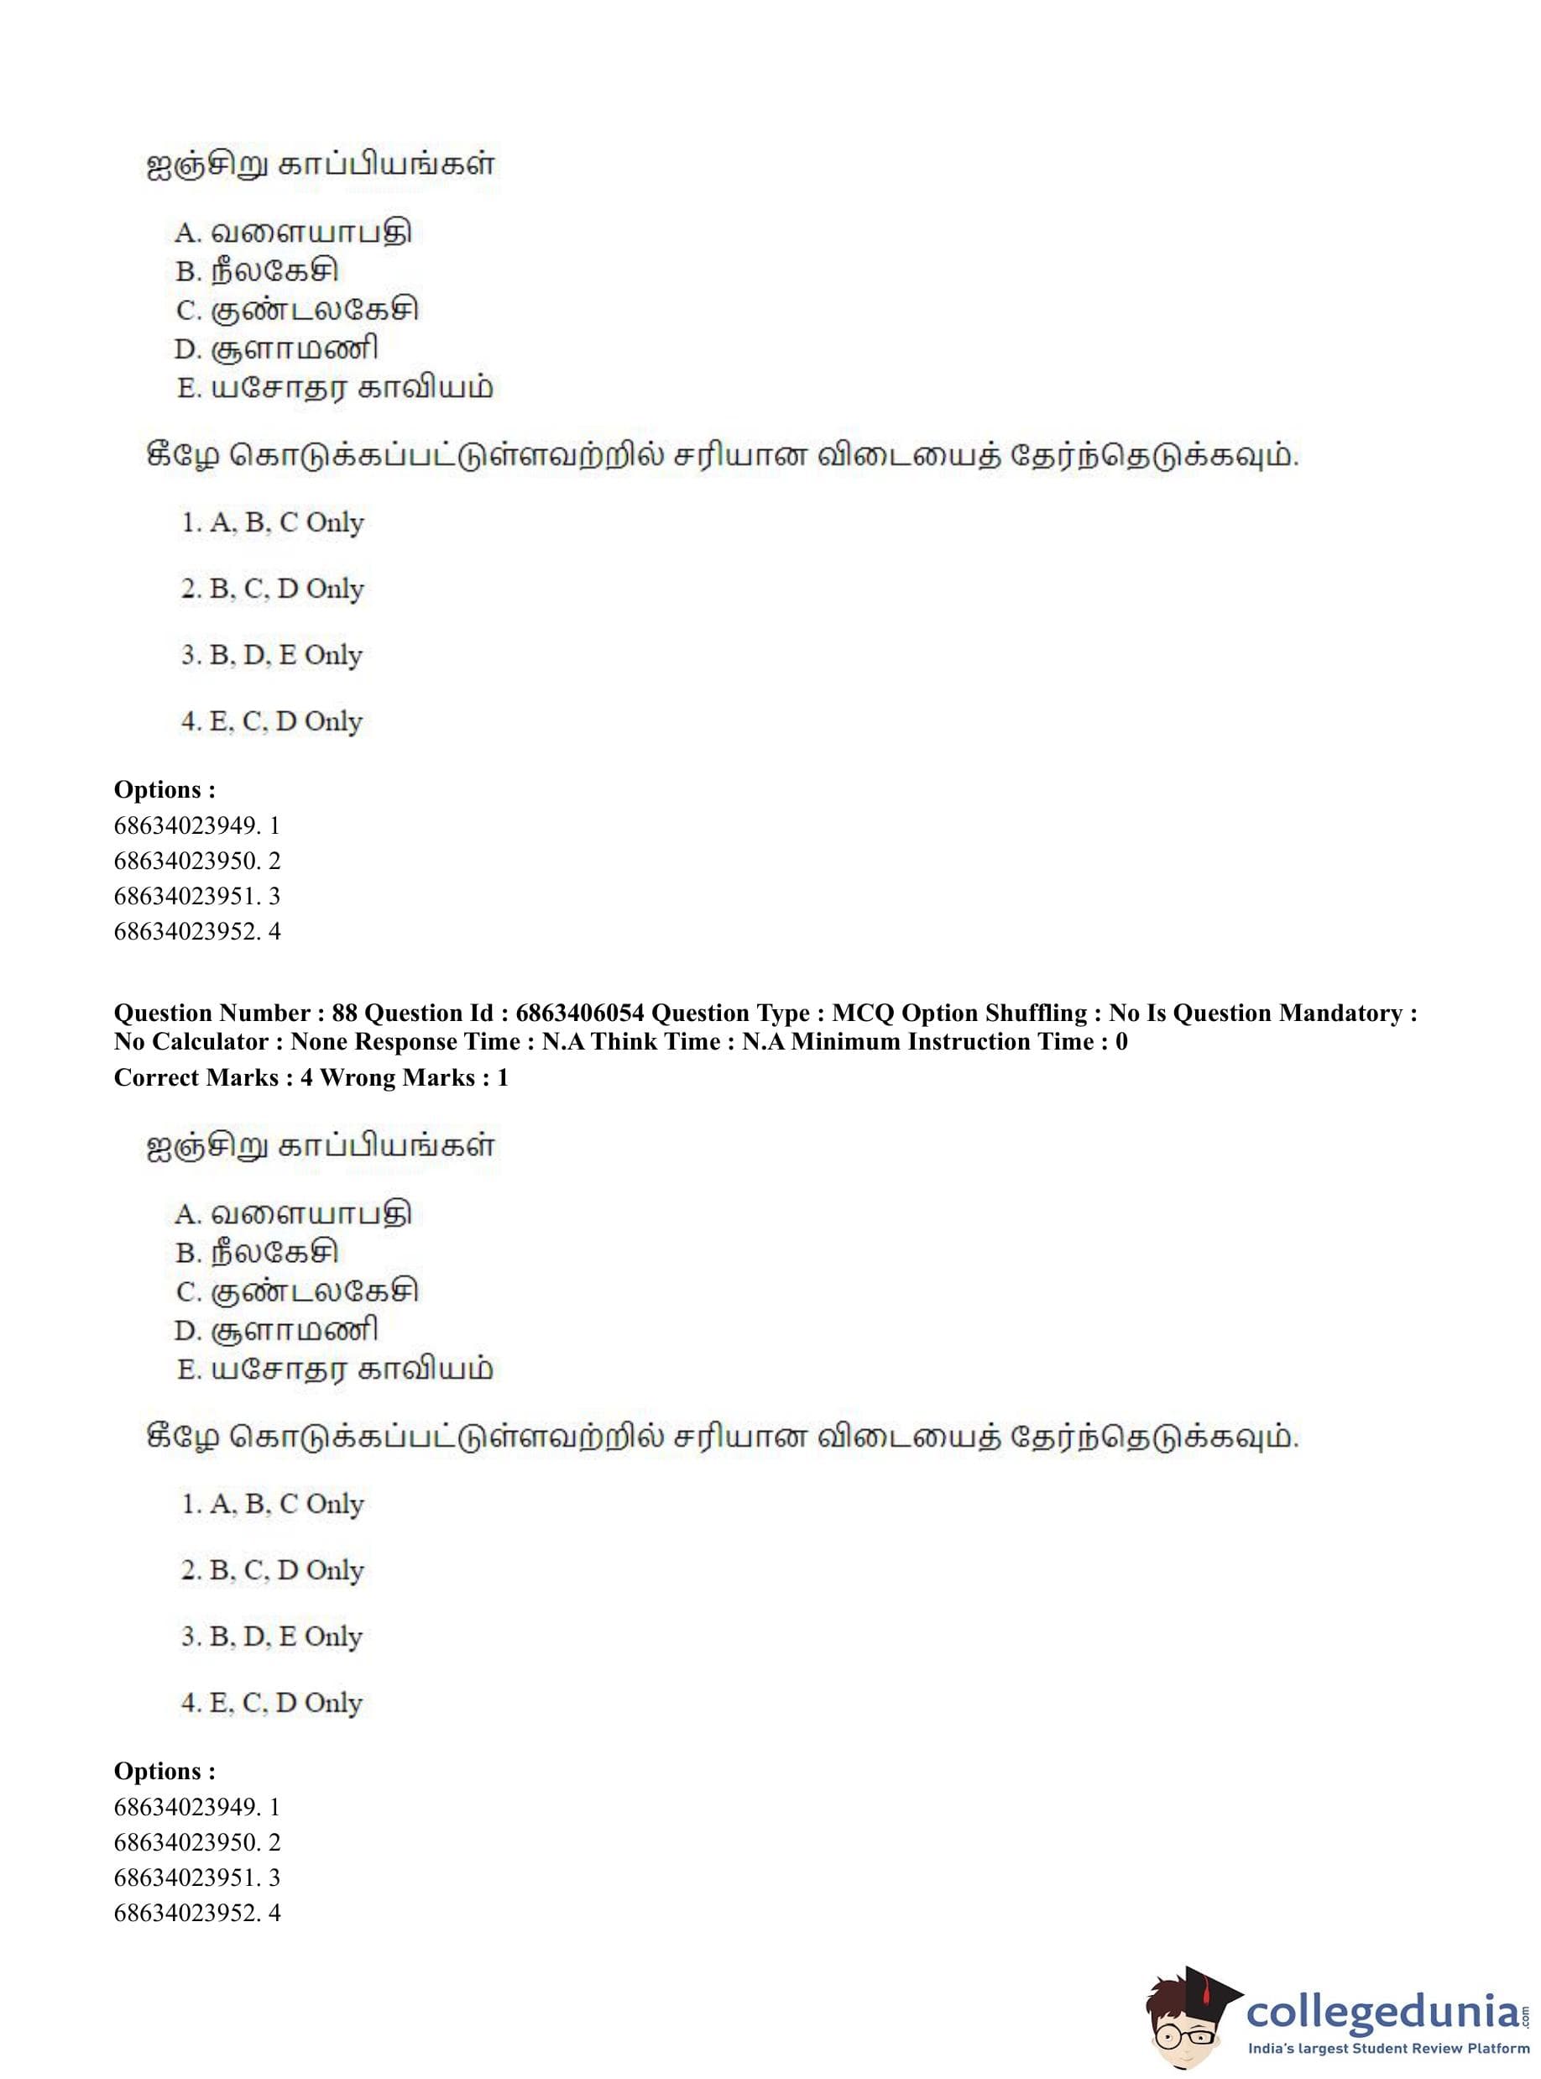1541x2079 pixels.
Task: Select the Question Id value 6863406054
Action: click(579, 1013)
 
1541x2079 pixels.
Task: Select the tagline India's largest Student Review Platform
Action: click(1389, 2049)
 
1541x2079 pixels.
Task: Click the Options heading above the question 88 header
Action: click(165, 789)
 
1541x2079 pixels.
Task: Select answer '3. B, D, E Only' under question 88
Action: click(271, 1636)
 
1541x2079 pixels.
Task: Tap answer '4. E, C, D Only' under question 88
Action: click(271, 1703)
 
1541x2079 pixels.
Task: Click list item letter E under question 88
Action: click(188, 1369)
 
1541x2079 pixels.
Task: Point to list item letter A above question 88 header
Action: click(187, 232)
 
